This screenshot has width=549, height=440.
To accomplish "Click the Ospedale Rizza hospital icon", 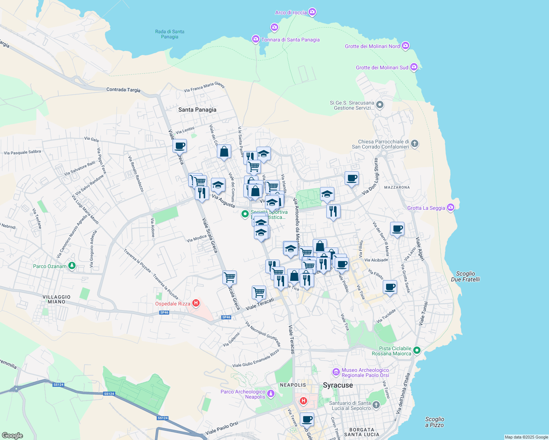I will (x=196, y=303).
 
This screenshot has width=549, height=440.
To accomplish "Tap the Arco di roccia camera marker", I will (x=312, y=12).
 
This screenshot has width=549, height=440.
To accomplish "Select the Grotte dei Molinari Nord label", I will (x=372, y=46).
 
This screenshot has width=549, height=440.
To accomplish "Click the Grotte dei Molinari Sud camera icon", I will (x=414, y=67).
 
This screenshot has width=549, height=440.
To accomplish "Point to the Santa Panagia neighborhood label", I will (x=197, y=110).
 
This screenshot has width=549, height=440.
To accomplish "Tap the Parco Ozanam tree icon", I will (x=72, y=266).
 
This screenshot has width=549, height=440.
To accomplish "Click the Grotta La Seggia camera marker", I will (x=451, y=208).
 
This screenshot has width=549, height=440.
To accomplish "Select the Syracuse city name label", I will (x=338, y=385).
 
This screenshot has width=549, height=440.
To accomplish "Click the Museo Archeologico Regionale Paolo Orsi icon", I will (x=336, y=373).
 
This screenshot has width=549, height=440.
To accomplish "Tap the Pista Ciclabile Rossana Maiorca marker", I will (x=417, y=350).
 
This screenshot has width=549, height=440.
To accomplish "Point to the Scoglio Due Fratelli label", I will (x=465, y=276).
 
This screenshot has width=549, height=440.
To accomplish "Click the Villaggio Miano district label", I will (x=57, y=299).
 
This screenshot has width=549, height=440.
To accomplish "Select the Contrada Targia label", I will (x=123, y=89).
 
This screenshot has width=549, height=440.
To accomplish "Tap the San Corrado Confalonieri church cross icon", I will (x=415, y=144).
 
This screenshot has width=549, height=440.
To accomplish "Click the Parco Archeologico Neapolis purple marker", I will (x=271, y=394).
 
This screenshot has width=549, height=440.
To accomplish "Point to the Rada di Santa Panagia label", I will (x=170, y=34).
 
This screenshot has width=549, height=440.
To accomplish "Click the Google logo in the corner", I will (x=12, y=435).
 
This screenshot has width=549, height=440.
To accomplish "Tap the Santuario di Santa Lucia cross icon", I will (x=376, y=405).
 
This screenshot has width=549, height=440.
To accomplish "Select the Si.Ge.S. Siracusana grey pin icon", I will (x=380, y=105).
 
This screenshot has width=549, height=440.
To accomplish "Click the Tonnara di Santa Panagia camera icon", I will (x=256, y=39).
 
